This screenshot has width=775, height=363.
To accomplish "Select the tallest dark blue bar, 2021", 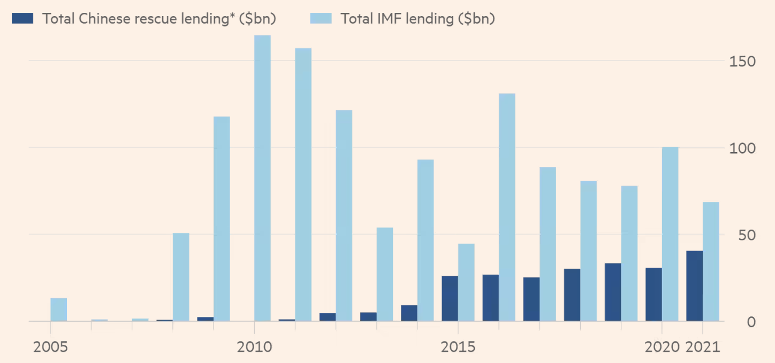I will point(694,286).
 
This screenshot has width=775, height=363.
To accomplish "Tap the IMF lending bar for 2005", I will point(59,309).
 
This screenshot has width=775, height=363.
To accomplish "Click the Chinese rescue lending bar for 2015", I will point(450,298).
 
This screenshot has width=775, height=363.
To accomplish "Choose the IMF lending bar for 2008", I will point(181,277).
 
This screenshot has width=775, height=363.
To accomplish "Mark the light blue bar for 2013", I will point(385,274).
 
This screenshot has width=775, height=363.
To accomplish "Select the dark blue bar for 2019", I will point(613,292).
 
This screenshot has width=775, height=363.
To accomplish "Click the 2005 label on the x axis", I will point(50,347).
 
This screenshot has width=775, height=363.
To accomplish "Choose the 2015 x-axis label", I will point(458,347).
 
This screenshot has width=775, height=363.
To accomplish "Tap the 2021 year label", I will point(704,347).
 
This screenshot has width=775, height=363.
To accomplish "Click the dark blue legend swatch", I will point(23,18).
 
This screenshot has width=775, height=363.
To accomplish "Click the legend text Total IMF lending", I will point(417,18).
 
